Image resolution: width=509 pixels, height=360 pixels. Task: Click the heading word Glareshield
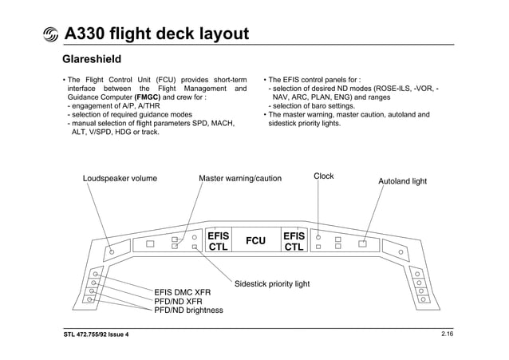(x=92, y=59)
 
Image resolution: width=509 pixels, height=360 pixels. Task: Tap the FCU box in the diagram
(x=255, y=241)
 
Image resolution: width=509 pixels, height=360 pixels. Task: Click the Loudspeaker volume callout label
(x=120, y=179)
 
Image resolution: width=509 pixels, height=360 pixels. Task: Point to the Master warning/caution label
(x=239, y=179)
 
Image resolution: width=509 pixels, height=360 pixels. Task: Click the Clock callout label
(x=323, y=176)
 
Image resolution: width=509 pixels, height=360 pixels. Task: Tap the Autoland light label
(x=402, y=181)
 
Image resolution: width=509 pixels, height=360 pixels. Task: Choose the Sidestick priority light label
(x=271, y=283)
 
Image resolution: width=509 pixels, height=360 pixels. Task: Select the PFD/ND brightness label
(x=188, y=311)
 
